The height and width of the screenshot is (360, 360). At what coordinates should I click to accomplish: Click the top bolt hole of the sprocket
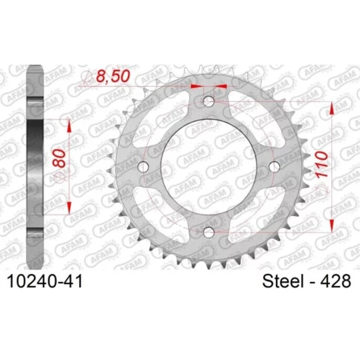(208, 102)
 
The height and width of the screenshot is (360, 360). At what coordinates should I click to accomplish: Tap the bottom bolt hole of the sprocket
(208, 232)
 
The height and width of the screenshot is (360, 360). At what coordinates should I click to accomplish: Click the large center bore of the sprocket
(208, 167)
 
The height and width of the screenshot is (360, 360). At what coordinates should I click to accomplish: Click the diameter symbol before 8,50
(86, 79)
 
